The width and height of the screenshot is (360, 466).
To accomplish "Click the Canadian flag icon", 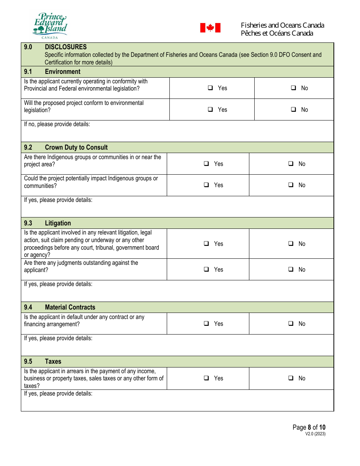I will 210,28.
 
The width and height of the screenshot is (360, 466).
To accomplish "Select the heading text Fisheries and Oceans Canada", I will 282,25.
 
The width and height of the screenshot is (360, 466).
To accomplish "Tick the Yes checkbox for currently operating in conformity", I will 210,88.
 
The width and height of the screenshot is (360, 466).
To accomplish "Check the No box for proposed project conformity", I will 294,109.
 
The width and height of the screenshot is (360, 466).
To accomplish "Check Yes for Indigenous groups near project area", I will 207,164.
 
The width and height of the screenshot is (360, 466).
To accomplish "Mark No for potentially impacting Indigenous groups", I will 291,185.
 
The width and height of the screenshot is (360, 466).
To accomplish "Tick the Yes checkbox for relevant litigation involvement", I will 207,244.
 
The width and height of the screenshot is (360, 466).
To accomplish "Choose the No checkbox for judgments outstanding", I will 291,269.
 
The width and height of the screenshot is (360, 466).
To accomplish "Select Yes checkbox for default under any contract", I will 207,324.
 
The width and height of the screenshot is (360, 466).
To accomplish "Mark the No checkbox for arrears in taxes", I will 291,378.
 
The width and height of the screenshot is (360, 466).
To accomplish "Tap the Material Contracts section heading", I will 70,307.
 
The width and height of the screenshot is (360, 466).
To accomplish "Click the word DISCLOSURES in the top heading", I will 66,47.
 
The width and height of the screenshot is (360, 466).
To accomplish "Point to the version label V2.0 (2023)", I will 315,434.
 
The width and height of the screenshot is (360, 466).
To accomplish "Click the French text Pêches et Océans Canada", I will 277,33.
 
